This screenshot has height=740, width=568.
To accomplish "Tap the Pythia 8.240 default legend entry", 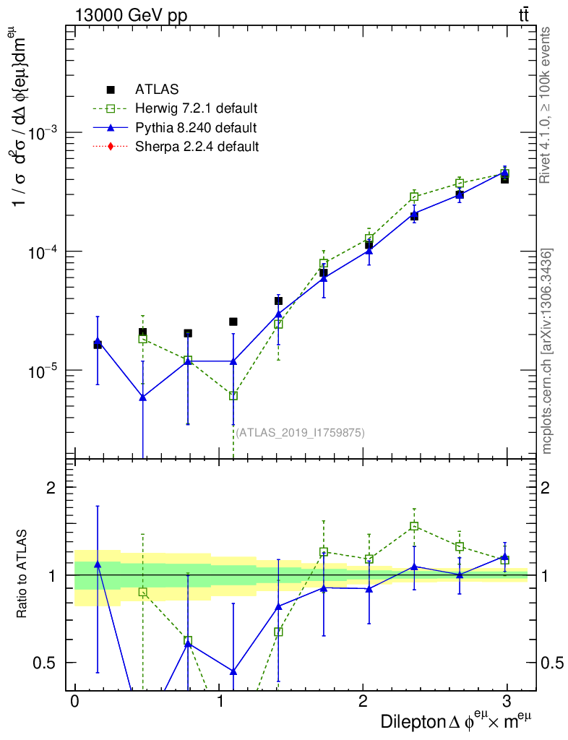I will pyautogui.click(x=195, y=128).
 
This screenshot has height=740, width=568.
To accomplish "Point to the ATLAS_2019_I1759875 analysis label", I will pyautogui.click(x=300, y=433).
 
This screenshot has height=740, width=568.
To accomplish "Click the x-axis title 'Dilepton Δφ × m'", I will pyautogui.click(x=460, y=721).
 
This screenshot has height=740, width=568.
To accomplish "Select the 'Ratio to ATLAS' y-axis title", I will pyautogui.click(x=23, y=575).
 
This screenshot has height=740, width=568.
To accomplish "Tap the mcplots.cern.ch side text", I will pyautogui.click(x=548, y=351).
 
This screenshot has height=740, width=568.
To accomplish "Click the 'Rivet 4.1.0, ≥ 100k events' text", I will pyautogui.click(x=547, y=105).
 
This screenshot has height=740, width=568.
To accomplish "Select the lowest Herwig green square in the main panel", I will pyautogui.click(x=233, y=395).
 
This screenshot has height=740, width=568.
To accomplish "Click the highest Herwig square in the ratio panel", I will pyautogui.click(x=414, y=526).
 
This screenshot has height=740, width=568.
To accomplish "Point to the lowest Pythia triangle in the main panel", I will pyautogui.click(x=143, y=397).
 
